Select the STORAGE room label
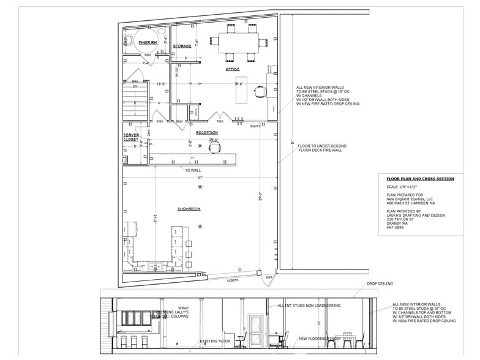(182, 46)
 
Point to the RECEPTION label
(206, 132)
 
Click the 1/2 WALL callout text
(193, 171)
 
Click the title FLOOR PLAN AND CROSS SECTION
(419, 179)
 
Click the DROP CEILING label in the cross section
(380, 283)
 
